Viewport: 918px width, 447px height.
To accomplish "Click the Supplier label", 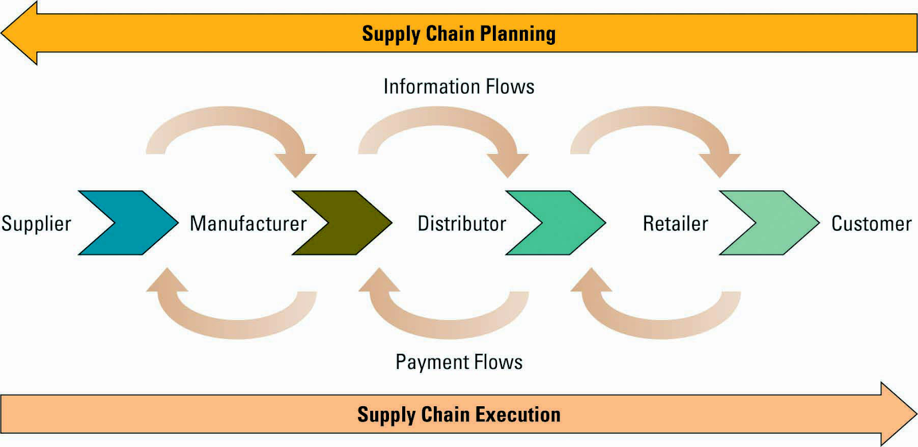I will (36, 223).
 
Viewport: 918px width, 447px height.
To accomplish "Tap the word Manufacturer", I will (248, 223).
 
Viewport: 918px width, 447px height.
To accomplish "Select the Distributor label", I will (461, 223).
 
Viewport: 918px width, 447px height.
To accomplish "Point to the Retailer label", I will (675, 223).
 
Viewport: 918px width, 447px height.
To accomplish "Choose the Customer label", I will (871, 223).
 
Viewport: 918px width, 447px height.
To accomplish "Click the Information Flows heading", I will (459, 87).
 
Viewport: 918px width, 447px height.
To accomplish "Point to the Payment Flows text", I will (459, 362).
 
